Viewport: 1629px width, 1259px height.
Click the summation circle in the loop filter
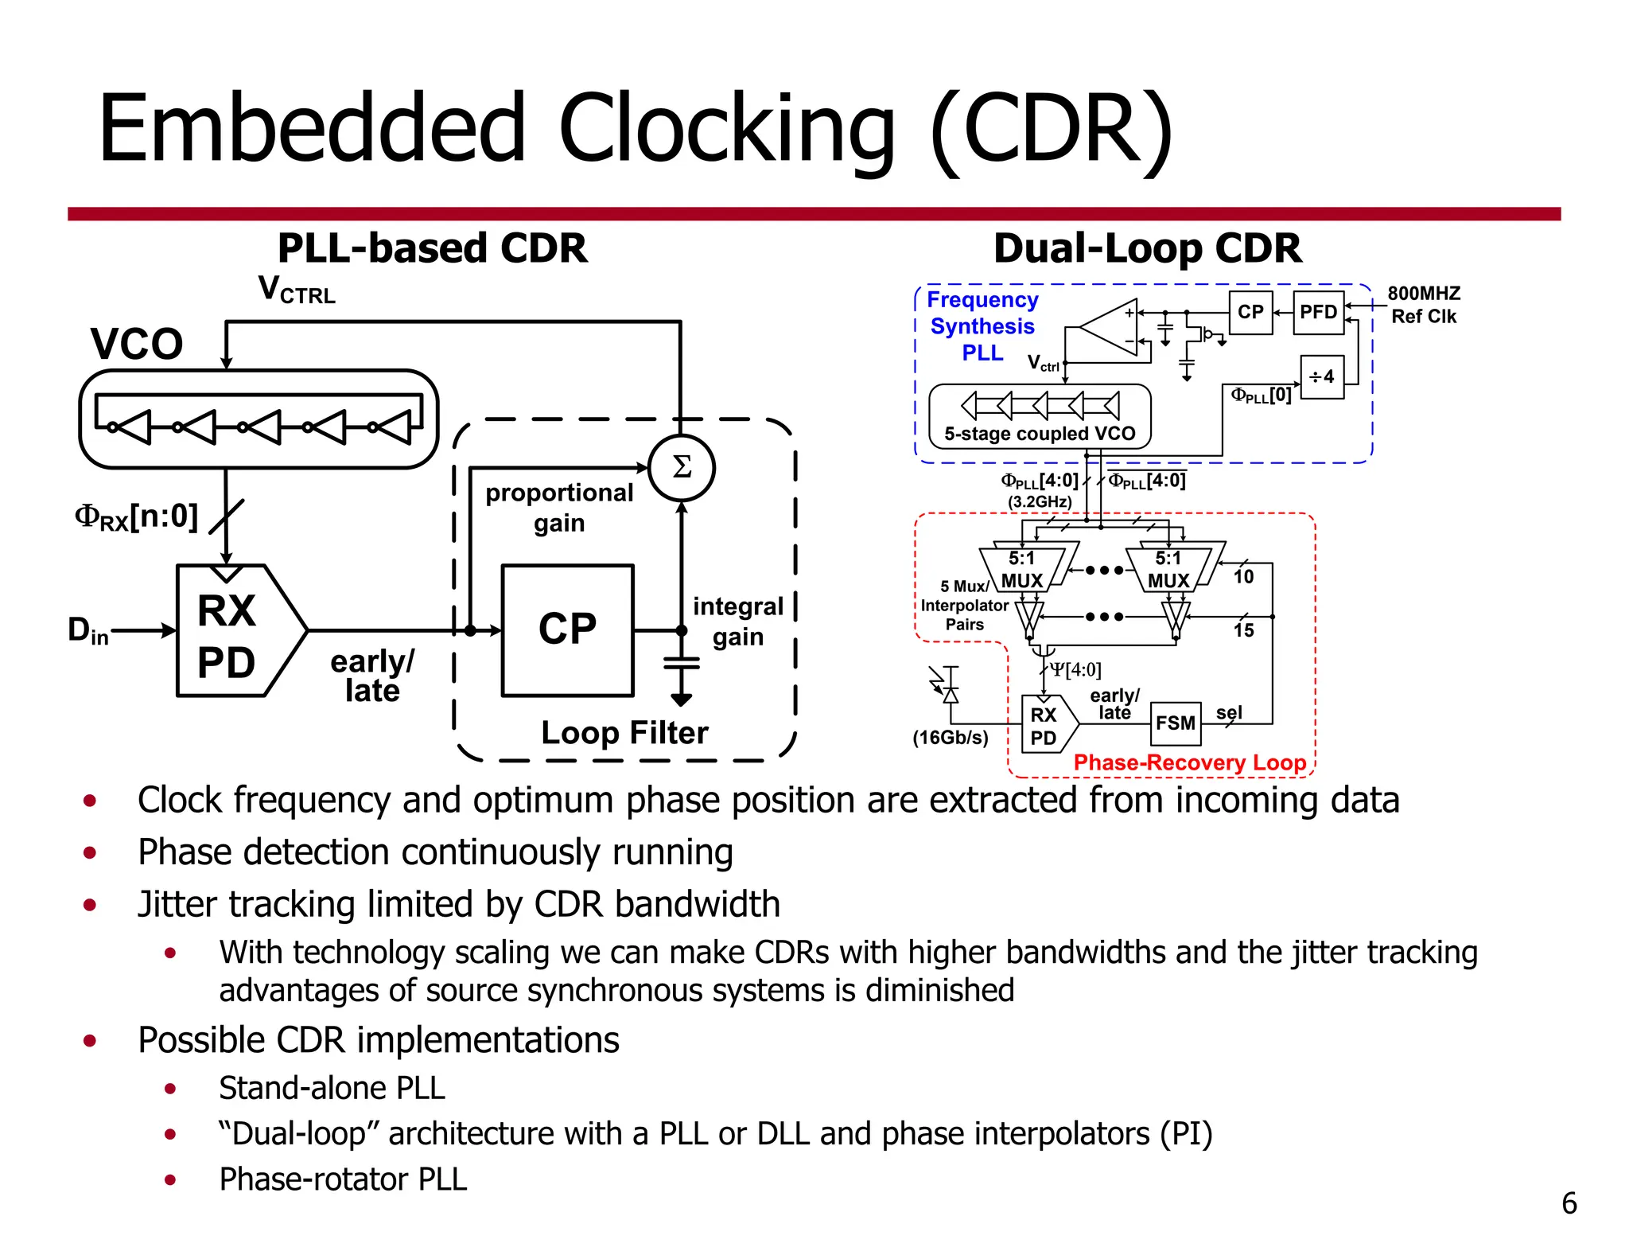pyautogui.click(x=681, y=468)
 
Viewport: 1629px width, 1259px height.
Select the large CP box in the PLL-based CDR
pyautogui.click(x=567, y=630)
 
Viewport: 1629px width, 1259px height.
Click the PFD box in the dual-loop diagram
pyautogui.click(x=1318, y=312)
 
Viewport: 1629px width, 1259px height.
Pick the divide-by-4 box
pyautogui.click(x=1322, y=376)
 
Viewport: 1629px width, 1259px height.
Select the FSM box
pyautogui.click(x=1176, y=723)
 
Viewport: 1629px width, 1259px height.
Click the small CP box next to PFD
pyautogui.click(x=1250, y=312)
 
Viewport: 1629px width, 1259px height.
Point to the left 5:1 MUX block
pyautogui.click(x=1023, y=569)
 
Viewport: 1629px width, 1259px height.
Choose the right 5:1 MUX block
pyautogui.click(x=1168, y=569)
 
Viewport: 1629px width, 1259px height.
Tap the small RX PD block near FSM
pyautogui.click(x=1045, y=725)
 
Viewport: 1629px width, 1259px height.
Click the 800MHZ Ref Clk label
pyautogui.click(x=1424, y=305)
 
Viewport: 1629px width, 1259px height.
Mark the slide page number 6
pyautogui.click(x=1569, y=1202)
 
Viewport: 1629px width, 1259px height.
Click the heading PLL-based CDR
pyautogui.click(x=432, y=248)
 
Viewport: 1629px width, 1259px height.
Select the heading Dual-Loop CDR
pyautogui.click(x=1147, y=248)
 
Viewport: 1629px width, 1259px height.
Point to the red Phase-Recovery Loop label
pyautogui.click(x=1189, y=762)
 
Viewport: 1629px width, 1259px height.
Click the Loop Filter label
pyautogui.click(x=624, y=732)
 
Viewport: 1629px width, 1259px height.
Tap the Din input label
pyautogui.click(x=87, y=630)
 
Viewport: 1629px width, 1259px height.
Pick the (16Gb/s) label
pyautogui.click(x=951, y=737)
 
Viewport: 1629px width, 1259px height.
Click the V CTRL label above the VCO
pyautogui.click(x=297, y=290)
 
